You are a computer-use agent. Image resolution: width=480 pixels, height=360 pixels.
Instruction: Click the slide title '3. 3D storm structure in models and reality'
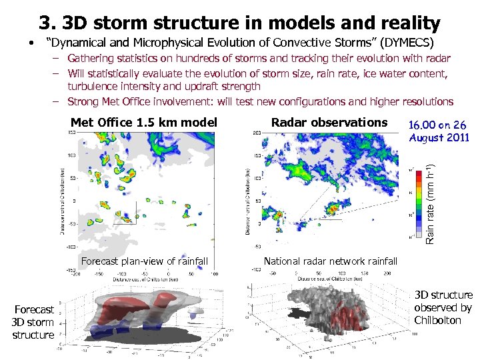239,23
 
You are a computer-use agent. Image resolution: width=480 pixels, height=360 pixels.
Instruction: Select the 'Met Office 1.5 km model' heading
144,123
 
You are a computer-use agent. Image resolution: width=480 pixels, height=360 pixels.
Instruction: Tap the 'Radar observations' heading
329,122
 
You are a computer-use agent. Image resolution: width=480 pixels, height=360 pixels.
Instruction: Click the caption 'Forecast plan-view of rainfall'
145,261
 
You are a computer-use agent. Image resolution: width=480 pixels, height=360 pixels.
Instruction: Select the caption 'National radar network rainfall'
330,261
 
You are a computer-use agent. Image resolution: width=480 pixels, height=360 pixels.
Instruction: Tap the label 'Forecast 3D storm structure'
33,322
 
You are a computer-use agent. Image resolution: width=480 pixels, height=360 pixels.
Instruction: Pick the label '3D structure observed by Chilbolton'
443,307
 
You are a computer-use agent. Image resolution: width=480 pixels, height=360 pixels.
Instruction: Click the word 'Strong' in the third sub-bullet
85,101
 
